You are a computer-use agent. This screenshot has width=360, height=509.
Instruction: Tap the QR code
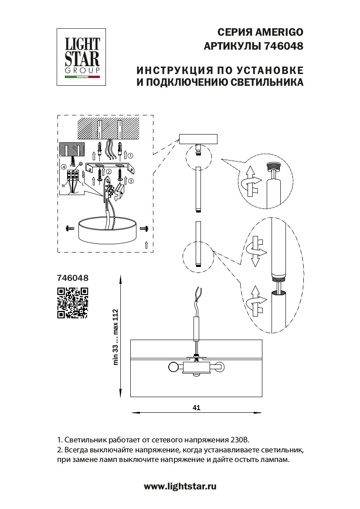click(73, 303)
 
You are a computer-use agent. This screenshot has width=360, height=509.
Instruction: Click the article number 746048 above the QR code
click(73, 277)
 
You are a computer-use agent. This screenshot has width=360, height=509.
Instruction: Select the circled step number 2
click(109, 172)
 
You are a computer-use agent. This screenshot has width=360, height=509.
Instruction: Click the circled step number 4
click(64, 166)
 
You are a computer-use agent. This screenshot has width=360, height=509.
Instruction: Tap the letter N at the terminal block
click(63, 185)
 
